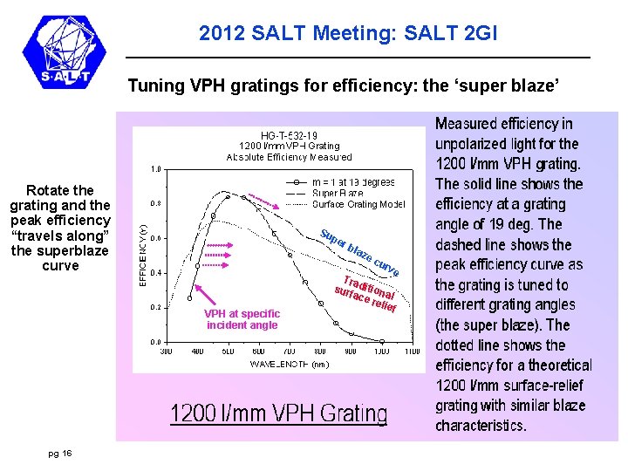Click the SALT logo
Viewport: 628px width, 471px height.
pos(67,54)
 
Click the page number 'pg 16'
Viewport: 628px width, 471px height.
pos(60,453)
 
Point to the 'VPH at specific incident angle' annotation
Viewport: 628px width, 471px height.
pos(242,319)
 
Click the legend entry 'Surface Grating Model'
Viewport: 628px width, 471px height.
pos(358,205)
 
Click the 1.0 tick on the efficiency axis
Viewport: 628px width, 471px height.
pos(154,169)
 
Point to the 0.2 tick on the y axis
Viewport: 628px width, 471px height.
pos(154,307)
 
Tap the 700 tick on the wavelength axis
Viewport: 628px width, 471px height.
pos(289,350)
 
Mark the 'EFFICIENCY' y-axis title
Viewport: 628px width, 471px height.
pos(143,253)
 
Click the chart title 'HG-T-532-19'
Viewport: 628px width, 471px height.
pos(289,135)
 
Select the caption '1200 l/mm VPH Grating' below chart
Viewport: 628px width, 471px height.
pos(278,413)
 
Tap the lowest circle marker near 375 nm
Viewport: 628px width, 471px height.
pos(197,265)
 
